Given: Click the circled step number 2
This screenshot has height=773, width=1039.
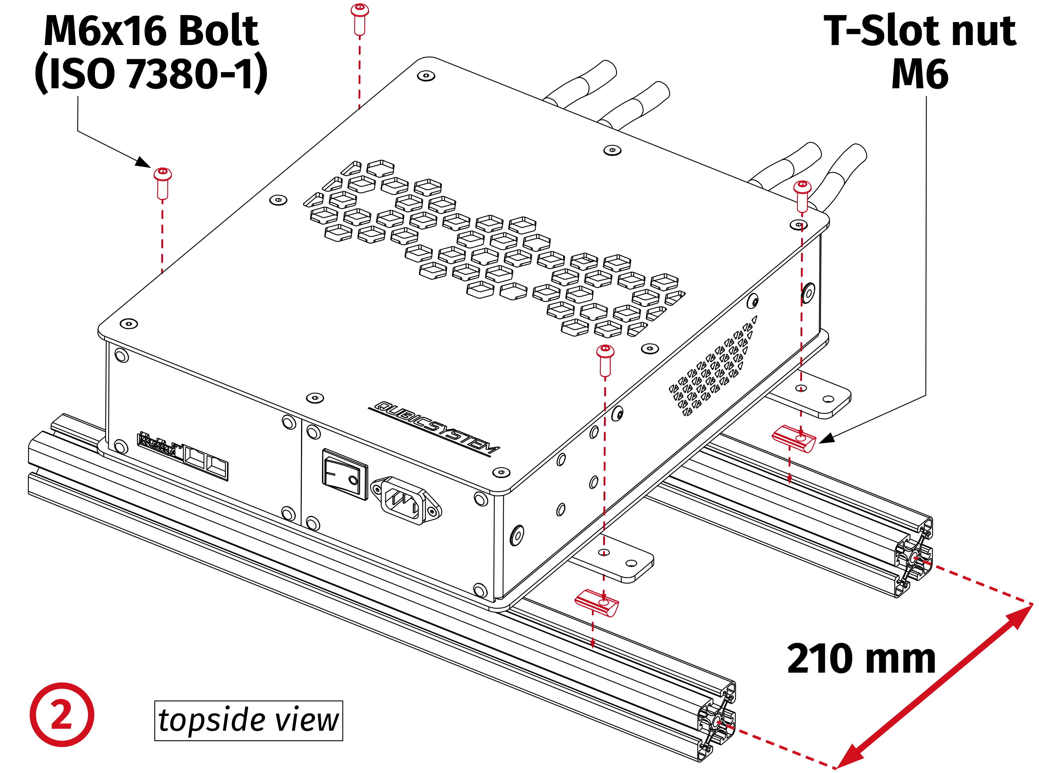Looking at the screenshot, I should point(62,714).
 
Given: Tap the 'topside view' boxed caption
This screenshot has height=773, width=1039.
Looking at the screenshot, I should point(248,720).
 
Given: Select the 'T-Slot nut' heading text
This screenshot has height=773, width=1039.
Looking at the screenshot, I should point(920,31).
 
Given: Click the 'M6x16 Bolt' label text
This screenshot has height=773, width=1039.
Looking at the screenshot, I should point(151,31).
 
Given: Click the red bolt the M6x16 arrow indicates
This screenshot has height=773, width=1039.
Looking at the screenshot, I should point(163,183).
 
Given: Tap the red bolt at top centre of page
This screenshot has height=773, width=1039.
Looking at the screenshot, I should point(360,19).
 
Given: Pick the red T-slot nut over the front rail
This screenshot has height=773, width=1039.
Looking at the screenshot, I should point(597,603).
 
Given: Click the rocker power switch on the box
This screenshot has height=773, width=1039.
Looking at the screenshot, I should point(345,474).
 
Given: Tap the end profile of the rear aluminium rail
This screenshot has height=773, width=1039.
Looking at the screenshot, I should point(913,559).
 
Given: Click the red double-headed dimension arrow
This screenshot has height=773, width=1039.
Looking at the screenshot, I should point(934,686).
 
